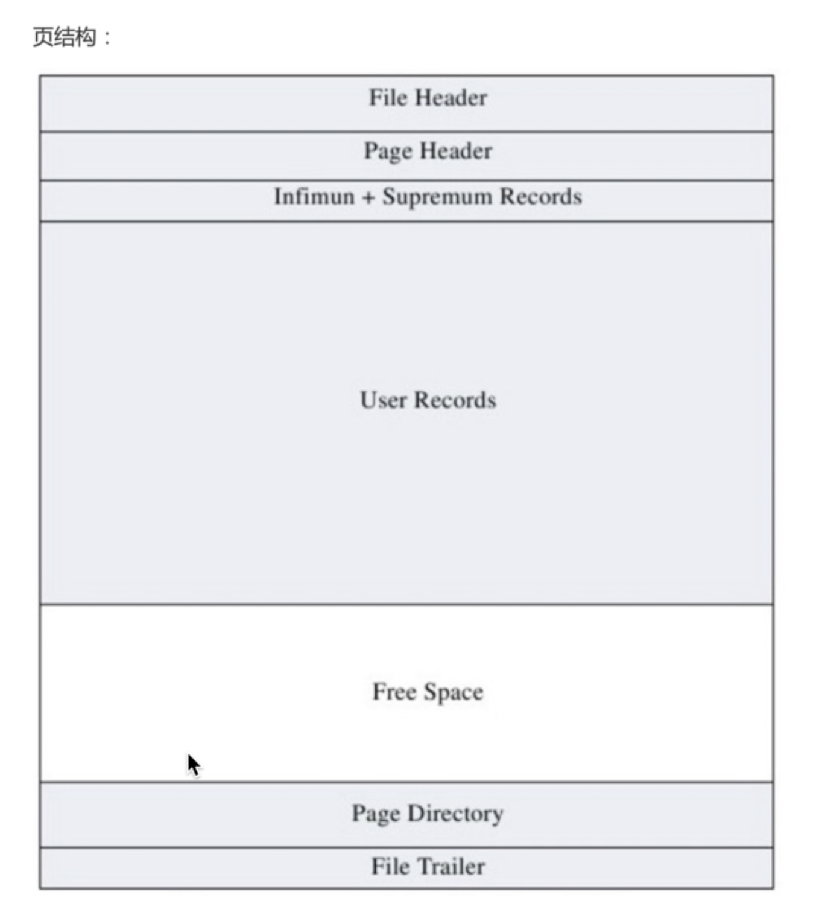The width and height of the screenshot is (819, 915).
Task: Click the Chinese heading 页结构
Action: point(65,37)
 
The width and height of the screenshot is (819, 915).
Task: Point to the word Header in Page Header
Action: point(456,151)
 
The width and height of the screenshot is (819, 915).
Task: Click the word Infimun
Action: point(315,197)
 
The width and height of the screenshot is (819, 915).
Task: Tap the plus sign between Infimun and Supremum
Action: point(368,198)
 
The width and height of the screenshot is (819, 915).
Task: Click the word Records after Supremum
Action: point(542,197)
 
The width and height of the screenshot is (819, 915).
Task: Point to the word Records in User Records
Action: point(455,400)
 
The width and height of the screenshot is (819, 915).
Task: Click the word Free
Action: point(394,692)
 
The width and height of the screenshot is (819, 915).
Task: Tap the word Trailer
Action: point(451,866)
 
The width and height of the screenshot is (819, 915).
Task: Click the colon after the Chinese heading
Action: point(107,38)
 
